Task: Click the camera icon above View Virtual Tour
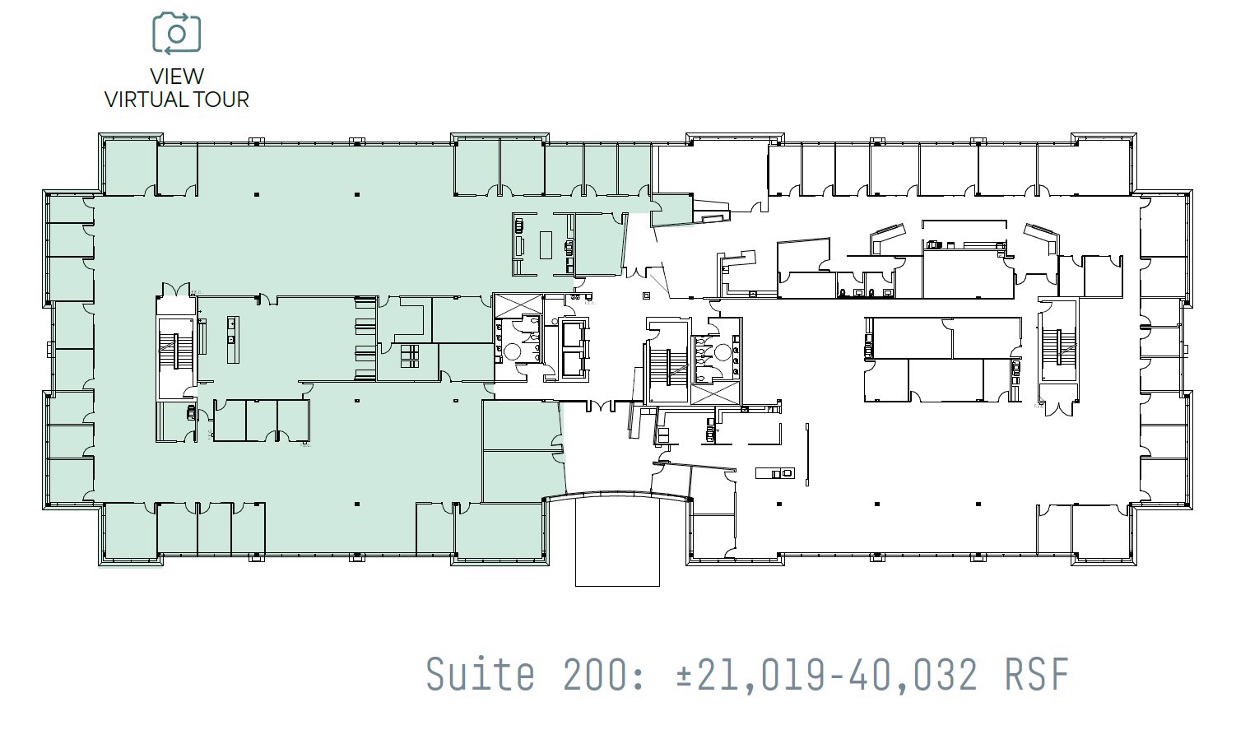click(176, 33)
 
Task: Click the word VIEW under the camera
click(176, 77)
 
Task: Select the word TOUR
click(222, 100)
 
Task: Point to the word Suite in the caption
click(480, 674)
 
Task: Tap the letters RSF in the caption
click(1037, 674)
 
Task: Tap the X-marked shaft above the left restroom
click(517, 303)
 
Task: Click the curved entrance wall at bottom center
click(617, 495)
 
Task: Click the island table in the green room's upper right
click(545, 244)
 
